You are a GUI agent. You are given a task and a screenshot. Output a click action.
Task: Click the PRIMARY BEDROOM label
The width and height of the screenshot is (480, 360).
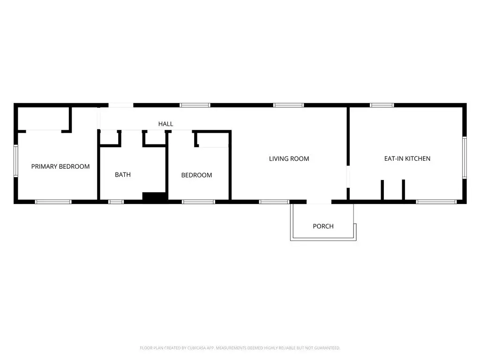pos(60,166)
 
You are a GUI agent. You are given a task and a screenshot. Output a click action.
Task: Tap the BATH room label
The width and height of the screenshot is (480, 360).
pos(123,175)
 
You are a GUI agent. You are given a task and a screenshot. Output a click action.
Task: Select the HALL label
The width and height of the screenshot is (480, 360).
pos(165,124)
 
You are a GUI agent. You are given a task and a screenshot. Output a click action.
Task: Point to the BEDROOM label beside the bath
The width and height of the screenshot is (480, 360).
pos(197,175)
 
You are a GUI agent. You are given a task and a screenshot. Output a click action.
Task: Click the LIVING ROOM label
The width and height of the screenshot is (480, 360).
pos(289,159)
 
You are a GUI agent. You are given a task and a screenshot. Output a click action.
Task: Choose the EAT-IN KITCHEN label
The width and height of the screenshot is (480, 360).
pos(407,159)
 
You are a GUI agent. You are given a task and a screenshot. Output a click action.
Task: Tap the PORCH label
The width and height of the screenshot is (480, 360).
pos(323,226)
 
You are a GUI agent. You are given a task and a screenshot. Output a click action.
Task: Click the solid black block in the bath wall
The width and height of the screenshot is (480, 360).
pos(155,197)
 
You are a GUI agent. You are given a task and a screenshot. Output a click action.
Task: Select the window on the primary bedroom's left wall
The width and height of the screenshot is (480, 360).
pos(15,161)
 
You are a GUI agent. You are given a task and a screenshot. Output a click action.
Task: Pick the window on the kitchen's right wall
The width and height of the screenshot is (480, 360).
pos(464,157)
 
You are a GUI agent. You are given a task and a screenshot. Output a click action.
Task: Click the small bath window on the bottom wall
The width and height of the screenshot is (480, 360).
pos(116,202)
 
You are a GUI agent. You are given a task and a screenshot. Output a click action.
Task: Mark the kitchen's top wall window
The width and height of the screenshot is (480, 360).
pos(382,105)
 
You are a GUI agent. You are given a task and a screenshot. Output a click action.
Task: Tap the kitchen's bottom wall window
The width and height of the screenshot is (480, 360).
pos(436,202)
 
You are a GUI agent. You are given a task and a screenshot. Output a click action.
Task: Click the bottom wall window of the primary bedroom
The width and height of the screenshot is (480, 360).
pos(53,202)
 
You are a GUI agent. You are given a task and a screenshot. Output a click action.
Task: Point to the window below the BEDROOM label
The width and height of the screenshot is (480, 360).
pos(198,202)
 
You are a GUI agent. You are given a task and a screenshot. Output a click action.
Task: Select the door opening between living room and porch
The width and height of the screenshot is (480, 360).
pos(319,202)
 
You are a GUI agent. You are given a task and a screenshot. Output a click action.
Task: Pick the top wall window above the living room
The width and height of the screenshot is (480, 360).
pos(289,105)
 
